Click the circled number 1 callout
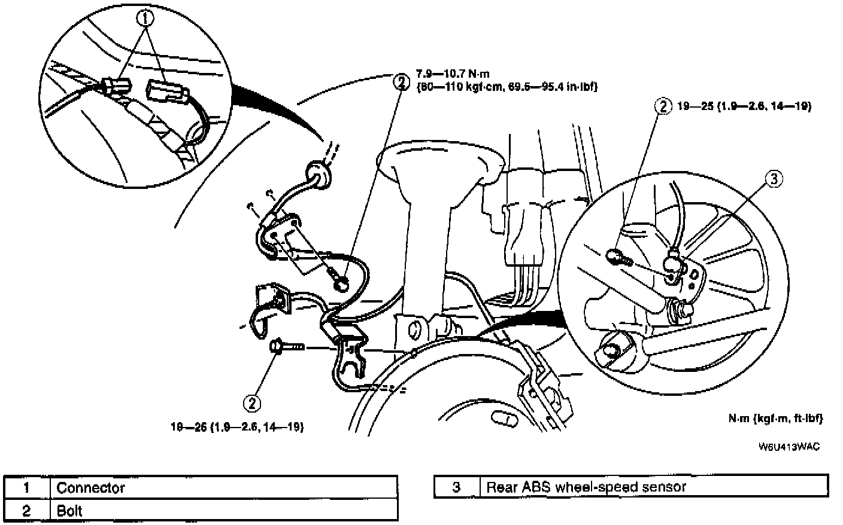pos(145,19)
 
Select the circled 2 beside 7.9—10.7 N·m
pos(400,81)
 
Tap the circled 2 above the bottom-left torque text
pos(253,403)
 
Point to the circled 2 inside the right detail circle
pos(663,106)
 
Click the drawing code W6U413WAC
pos(789,447)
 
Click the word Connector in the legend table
pos(91,488)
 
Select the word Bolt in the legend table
pos(69,511)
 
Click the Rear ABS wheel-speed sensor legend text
pos(586,487)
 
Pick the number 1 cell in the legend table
pos(26,488)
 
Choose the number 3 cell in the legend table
pos(456,487)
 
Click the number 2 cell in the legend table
pos(26,511)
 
